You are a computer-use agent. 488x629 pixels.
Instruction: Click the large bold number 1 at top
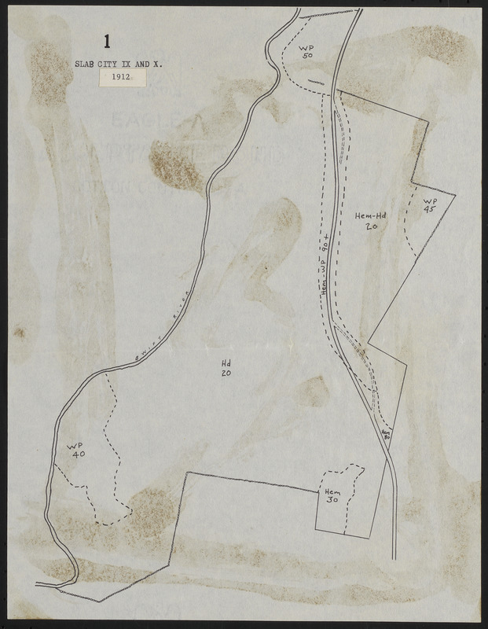click(107, 41)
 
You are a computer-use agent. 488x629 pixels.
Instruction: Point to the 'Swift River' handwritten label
click(156, 333)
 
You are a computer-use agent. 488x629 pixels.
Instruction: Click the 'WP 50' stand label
click(306, 52)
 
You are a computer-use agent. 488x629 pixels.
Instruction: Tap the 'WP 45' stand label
click(430, 204)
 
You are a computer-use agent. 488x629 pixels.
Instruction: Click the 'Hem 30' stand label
click(332, 499)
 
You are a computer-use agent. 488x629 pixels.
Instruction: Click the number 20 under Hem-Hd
click(372, 226)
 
